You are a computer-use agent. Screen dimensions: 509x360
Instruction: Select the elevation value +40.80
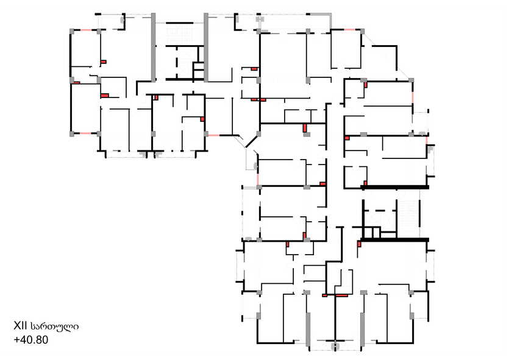pos(31,339)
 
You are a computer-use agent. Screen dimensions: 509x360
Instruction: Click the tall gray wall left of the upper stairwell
pos(153,48)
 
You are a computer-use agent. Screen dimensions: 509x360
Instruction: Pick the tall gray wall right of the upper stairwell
pos(206,48)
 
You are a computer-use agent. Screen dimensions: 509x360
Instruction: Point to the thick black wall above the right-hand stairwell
pos(395,187)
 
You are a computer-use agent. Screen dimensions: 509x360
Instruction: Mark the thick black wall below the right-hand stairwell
pos(395,239)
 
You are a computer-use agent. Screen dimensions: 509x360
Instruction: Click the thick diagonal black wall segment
pos(252,141)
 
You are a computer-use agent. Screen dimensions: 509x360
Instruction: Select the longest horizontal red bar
pos(341,295)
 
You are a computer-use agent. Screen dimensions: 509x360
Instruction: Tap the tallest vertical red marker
pos(305,128)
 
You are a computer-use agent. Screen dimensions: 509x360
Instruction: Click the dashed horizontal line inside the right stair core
pos(380,211)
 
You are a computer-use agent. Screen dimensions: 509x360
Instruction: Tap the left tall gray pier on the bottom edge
pos(308,329)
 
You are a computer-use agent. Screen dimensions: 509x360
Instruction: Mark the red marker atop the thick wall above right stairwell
pos(366,183)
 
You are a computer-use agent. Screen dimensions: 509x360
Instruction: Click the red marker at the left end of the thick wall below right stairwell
pos(359,244)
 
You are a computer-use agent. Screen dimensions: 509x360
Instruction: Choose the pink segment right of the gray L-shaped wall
pos(350,29)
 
